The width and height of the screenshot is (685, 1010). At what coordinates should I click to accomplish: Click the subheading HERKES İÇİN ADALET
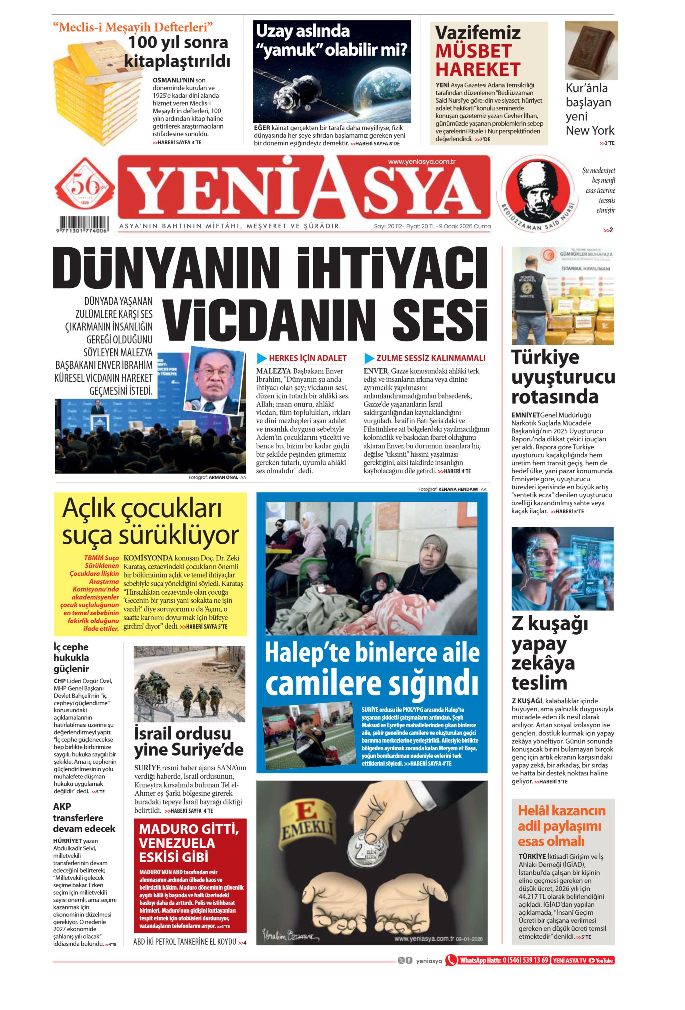(307, 358)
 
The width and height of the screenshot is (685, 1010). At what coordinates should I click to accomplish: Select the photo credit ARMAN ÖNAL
(223, 477)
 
